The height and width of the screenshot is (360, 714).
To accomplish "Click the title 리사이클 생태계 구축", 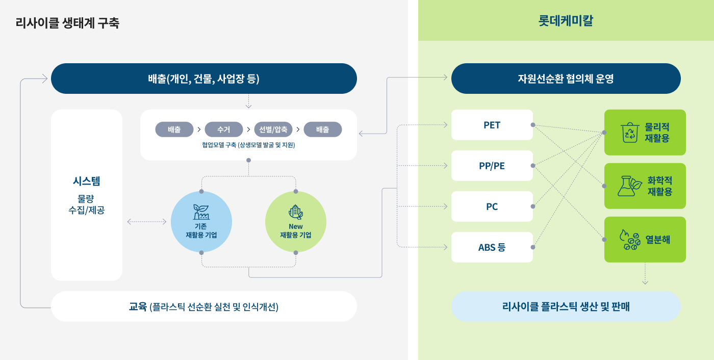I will tap(67, 23).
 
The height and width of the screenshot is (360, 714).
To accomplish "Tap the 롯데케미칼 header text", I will tap(566, 21).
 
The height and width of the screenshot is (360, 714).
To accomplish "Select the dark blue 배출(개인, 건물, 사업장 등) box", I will tap(204, 79).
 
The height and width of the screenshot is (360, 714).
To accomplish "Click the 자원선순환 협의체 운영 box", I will tap(566, 79).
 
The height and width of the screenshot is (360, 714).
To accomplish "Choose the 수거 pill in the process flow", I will tap(223, 130).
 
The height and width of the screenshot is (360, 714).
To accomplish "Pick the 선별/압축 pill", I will tap(273, 130).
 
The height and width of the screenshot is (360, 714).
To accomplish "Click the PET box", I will tap(492, 125).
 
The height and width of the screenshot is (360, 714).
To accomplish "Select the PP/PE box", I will tap(492, 166).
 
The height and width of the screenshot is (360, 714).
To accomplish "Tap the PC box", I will tap(492, 207).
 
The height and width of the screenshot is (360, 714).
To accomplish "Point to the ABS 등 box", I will tap(492, 247).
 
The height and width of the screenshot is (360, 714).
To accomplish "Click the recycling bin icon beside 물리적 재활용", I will tap(630, 133).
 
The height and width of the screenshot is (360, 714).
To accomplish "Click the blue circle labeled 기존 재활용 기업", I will tap(201, 222).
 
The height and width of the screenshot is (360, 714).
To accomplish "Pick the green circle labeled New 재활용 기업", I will tap(296, 222).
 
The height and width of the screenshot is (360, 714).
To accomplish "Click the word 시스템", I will tap(87, 181).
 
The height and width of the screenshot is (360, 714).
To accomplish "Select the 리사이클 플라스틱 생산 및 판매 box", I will tap(566, 306).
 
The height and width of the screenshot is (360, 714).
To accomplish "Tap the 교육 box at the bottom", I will tap(204, 306).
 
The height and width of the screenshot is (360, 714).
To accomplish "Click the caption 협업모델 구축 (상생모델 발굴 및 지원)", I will tap(248, 145).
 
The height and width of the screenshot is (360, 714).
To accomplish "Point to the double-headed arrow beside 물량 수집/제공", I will tap(147, 222).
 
